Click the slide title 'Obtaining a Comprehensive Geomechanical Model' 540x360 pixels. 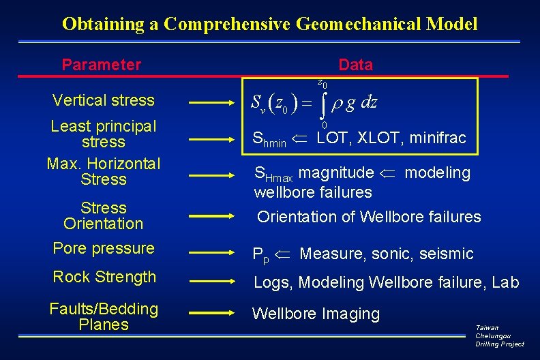tap(269, 25)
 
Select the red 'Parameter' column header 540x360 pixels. tap(101, 65)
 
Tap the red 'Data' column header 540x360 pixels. tap(355, 65)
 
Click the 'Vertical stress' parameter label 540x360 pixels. tap(104, 100)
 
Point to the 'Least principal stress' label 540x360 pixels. tap(104, 134)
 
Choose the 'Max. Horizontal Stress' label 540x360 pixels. tap(104, 171)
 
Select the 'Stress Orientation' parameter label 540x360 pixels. tap(104, 215)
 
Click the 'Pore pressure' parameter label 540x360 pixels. tap(104, 248)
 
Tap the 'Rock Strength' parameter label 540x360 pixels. tap(104, 277)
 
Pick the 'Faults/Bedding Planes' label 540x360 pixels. tap(104, 316)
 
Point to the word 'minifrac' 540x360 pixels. tap(438, 138)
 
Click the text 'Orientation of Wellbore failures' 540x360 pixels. tap(369, 217)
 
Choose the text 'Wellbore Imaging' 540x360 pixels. tap(316, 314)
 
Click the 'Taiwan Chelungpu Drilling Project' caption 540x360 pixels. tap(500, 335)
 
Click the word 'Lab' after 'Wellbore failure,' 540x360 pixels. tap(505, 282)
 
